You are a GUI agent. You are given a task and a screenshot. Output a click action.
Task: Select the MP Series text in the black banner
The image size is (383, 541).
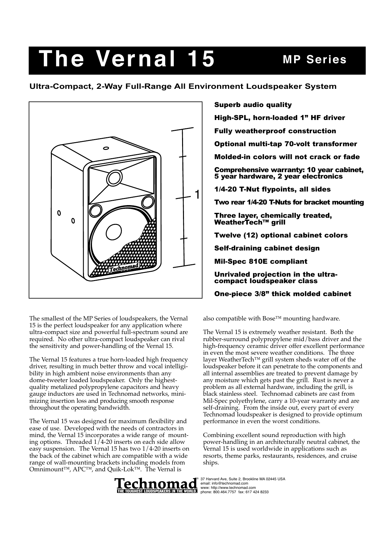coord(314,60)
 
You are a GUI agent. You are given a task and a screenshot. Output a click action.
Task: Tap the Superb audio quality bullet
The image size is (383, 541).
coord(253,105)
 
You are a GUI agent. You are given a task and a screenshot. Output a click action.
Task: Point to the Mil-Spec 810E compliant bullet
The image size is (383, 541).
coord(260,262)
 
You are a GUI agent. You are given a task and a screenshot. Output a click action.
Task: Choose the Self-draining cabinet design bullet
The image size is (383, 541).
coord(267,248)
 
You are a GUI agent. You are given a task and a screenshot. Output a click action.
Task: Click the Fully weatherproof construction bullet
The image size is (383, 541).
coord(275,131)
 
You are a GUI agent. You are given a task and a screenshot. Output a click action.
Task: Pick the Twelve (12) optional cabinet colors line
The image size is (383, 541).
coord(281,235)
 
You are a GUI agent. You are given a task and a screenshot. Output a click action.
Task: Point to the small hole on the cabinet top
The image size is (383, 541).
coord(106,148)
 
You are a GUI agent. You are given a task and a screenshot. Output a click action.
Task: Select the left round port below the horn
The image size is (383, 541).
coord(95,211)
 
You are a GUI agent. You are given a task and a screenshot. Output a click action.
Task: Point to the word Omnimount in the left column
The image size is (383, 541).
coord(42,470)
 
